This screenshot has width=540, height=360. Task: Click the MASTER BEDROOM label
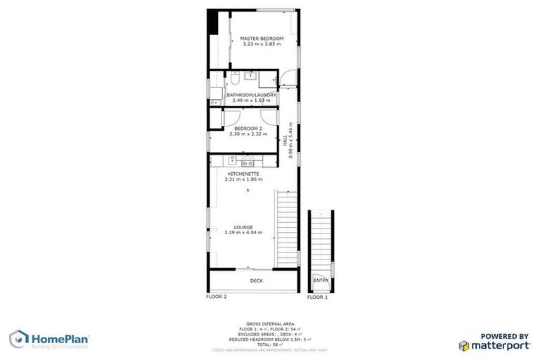point(262,37)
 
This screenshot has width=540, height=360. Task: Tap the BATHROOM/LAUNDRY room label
point(251,94)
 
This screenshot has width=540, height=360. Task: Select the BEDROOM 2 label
point(247,128)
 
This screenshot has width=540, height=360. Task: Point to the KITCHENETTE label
point(243,173)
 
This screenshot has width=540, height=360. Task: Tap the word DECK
point(256,281)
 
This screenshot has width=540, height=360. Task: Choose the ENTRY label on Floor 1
point(320,281)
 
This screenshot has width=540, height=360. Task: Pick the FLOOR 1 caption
point(317,297)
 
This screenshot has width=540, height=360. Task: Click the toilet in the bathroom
point(236,76)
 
